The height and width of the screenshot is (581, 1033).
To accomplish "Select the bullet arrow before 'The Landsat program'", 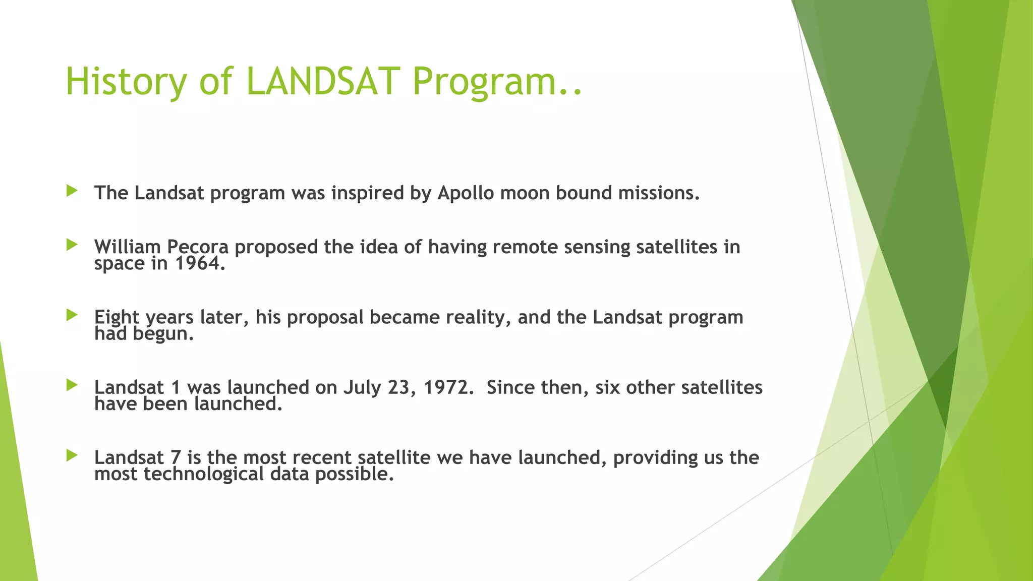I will [x=72, y=191].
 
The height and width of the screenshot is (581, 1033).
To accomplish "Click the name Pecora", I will [x=197, y=247].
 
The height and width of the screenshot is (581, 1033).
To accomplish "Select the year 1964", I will [x=199, y=263].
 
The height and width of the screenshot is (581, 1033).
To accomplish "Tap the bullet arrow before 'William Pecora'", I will [x=72, y=245].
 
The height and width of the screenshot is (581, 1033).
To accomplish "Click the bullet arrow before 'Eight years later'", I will [x=72, y=315].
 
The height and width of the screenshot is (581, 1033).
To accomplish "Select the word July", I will [x=362, y=387].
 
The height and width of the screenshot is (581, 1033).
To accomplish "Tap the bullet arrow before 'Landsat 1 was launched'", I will [x=72, y=385].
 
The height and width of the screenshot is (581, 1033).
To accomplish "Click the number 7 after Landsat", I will [x=176, y=457].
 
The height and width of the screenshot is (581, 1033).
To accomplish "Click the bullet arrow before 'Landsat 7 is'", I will [x=72, y=455].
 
